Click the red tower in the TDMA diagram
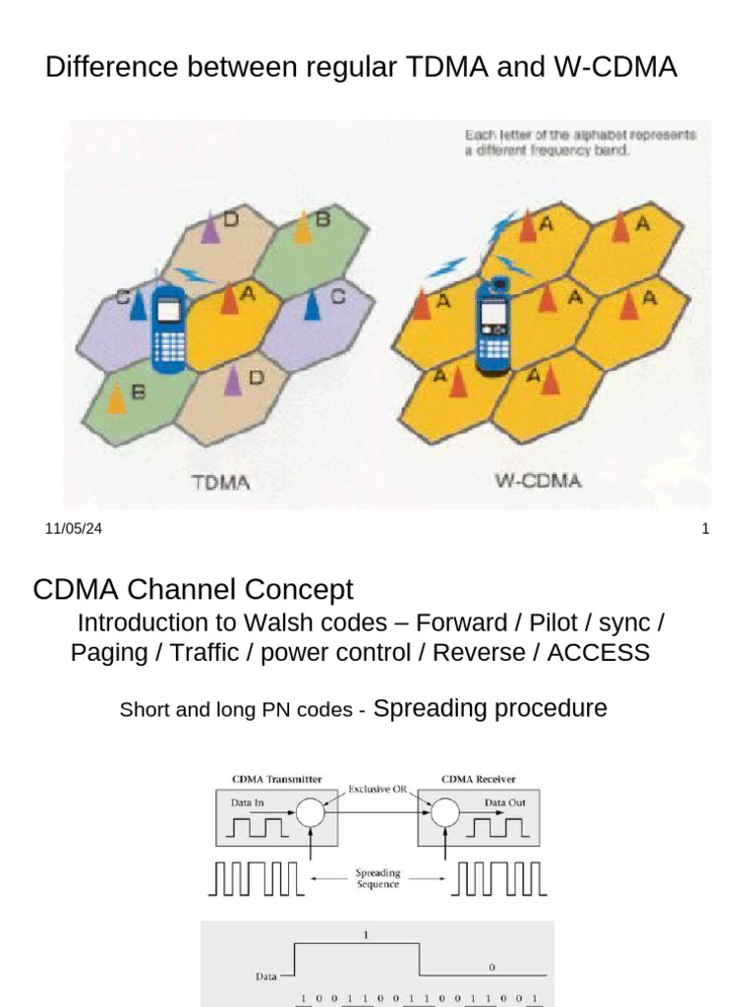pyautogui.click(x=229, y=297)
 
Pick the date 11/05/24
pyautogui.click(x=74, y=529)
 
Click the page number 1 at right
pyautogui.click(x=705, y=529)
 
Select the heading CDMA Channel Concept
pyautogui.click(x=193, y=590)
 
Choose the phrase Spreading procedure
pyautogui.click(x=491, y=708)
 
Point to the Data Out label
pyautogui.click(x=504, y=802)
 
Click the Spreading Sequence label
pyautogui.click(x=377, y=878)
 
